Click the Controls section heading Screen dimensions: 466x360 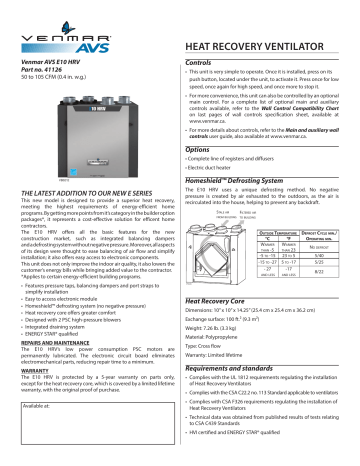click(204, 61)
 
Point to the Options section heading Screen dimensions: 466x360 click(203, 148)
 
